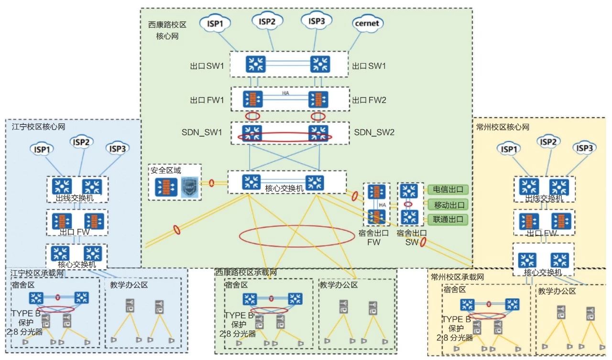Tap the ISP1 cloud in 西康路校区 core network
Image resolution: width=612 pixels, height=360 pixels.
(x=219, y=22)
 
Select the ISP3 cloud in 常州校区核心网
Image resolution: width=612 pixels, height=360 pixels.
(x=584, y=149)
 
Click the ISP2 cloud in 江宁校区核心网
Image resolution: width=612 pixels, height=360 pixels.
(x=81, y=142)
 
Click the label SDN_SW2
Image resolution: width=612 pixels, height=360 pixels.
(x=374, y=132)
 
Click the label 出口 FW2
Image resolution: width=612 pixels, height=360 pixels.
(x=369, y=100)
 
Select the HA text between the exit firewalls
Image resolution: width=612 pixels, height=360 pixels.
(x=285, y=93)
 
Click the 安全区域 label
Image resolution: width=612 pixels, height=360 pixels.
(x=166, y=170)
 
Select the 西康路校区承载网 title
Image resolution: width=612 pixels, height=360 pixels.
(x=246, y=273)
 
